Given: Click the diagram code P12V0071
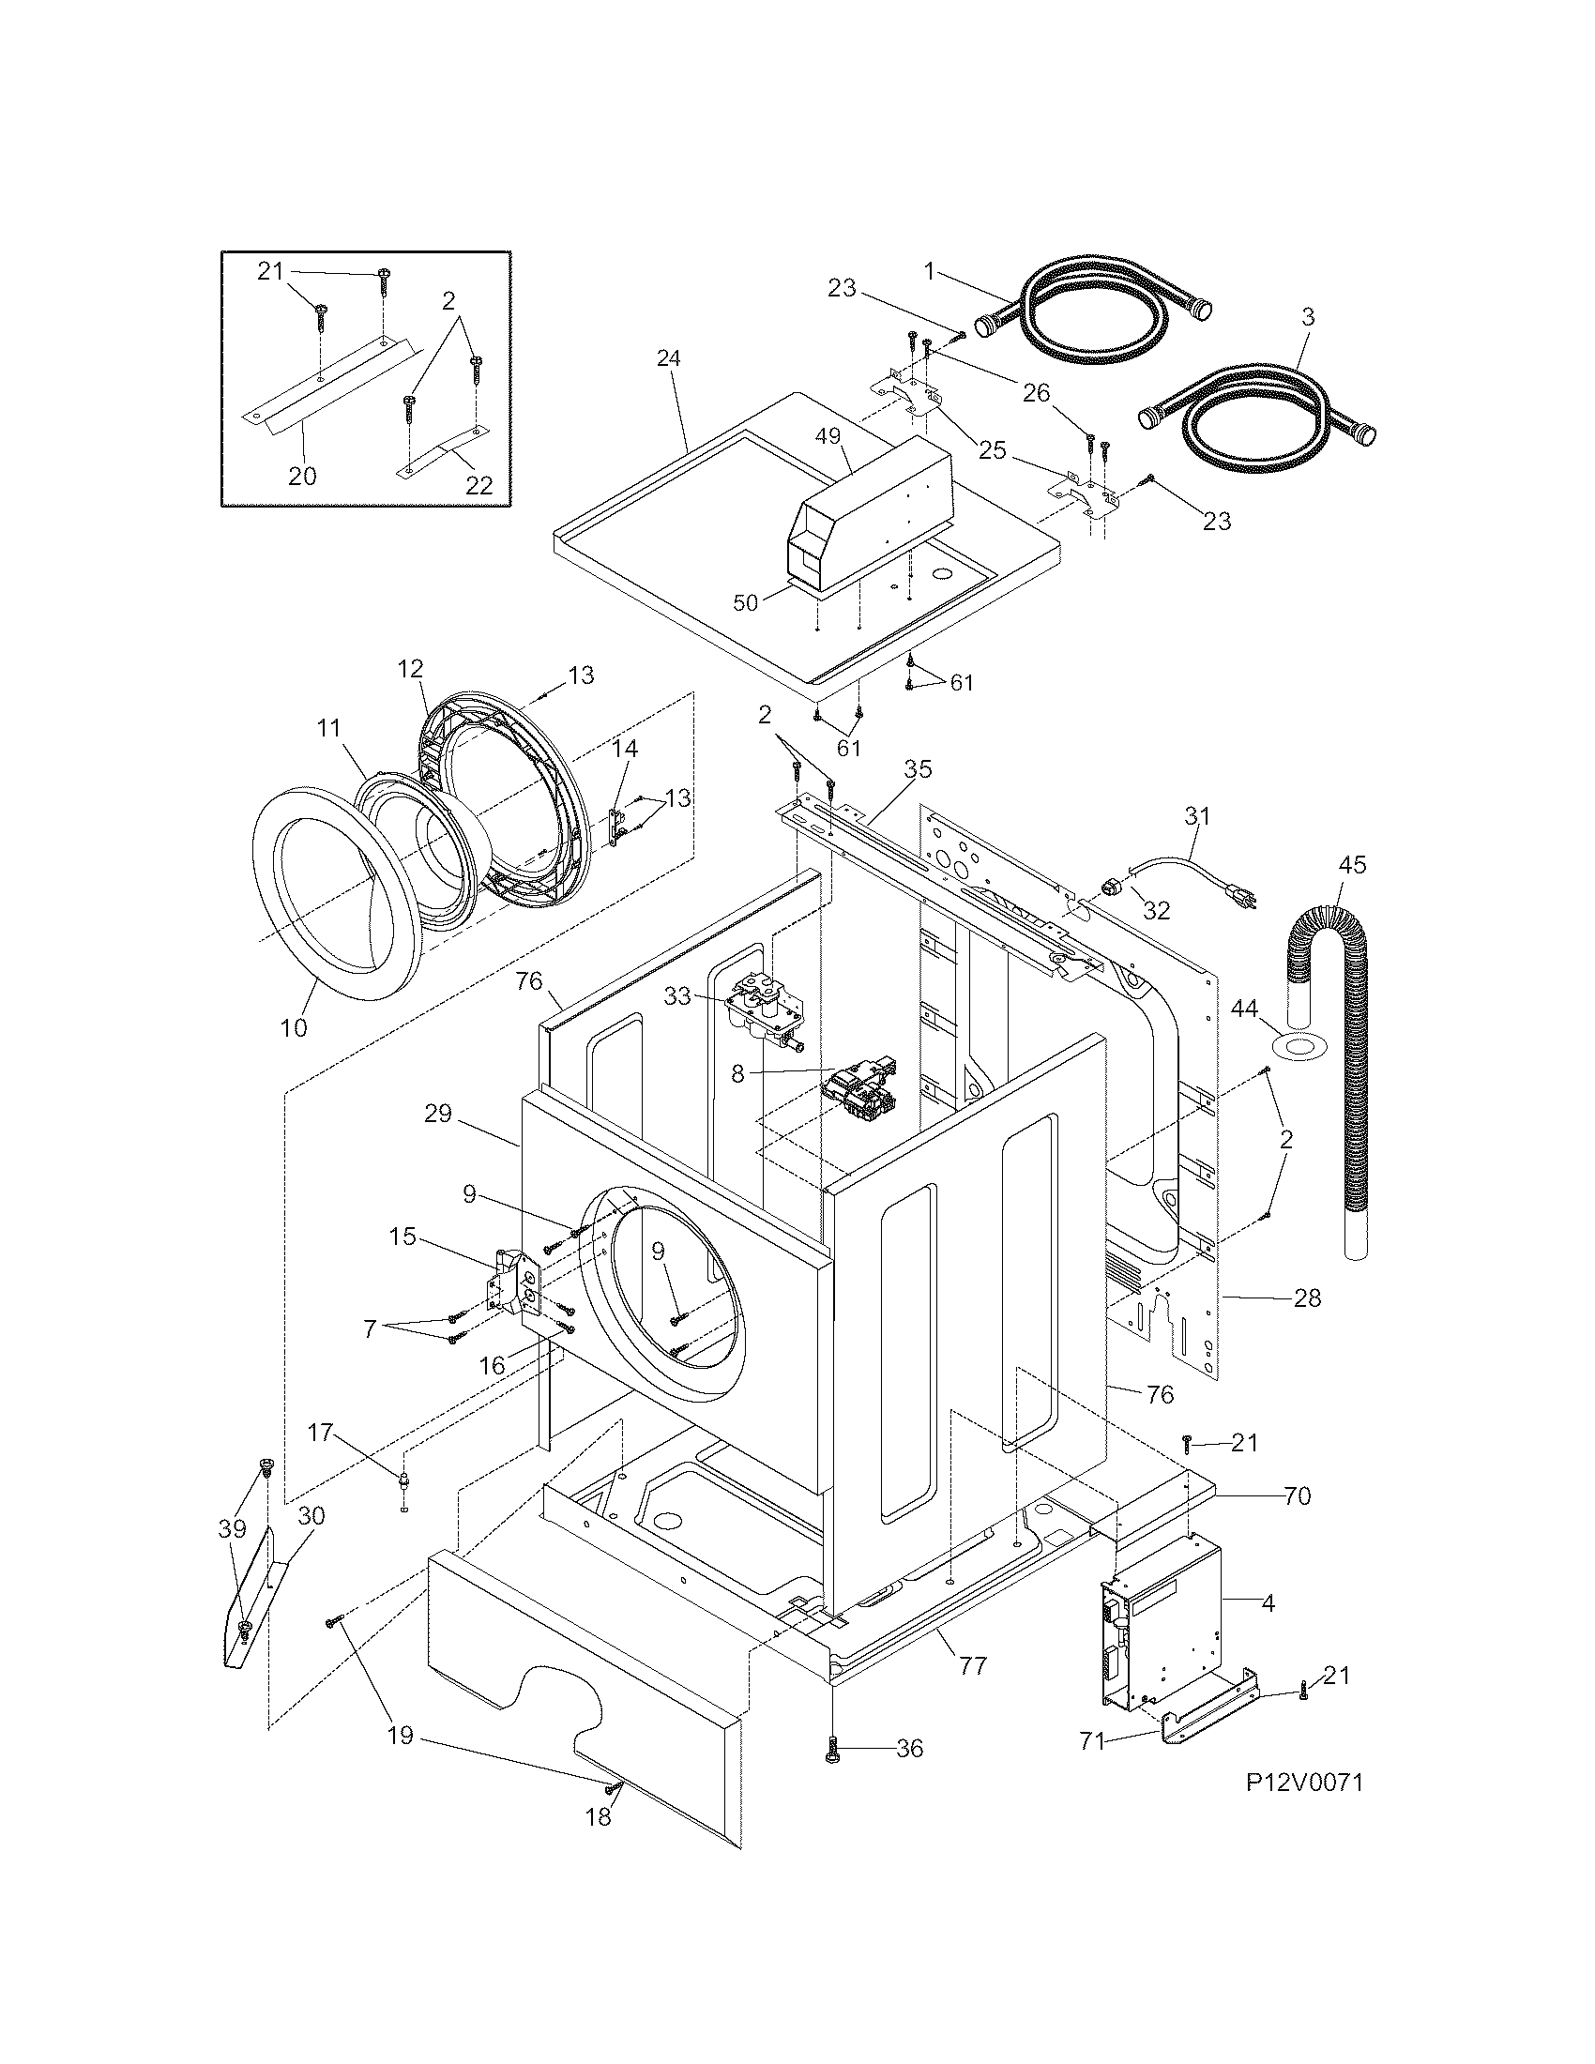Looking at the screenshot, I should click(1303, 1783).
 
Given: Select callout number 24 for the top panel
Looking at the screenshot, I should click(669, 358).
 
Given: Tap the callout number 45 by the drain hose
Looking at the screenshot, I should click(1352, 865).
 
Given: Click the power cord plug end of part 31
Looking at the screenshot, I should click(1245, 898).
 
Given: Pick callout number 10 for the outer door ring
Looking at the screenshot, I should click(294, 1026).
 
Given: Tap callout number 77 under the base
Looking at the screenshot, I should click(972, 1665).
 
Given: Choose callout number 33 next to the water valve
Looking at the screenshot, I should click(676, 996).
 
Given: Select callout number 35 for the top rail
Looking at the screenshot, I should click(917, 769).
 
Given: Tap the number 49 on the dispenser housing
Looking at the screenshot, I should click(827, 436).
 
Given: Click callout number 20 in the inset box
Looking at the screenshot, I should click(302, 476).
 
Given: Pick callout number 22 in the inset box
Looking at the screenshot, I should click(479, 485).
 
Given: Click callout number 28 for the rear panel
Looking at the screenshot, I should click(1307, 1298).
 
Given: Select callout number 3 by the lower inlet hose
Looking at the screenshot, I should click(1307, 316).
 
